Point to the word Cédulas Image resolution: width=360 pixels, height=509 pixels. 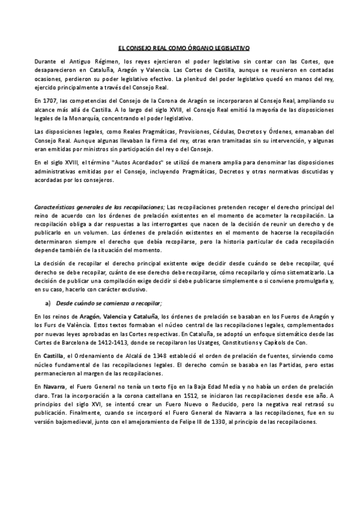[201, 131]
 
